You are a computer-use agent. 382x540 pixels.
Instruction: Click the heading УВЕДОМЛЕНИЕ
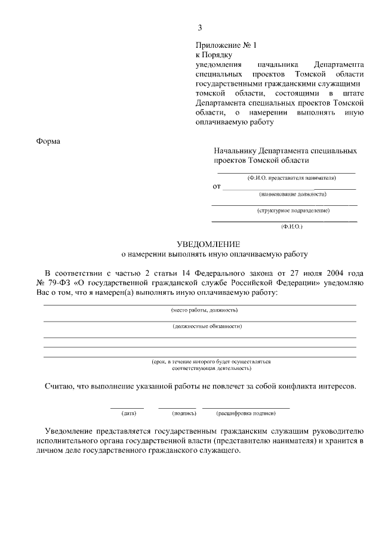click(208, 244)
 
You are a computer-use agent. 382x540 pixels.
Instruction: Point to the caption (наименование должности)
click(292, 194)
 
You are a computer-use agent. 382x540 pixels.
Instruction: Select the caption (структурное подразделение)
click(293, 210)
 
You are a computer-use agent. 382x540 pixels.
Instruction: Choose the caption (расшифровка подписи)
click(246, 412)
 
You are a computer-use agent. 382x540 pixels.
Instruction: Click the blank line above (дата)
click(127, 407)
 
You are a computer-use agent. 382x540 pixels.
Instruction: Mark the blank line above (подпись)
click(177, 407)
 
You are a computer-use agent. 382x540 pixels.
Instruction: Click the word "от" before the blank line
click(217, 186)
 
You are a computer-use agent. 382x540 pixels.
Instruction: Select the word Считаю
click(59, 386)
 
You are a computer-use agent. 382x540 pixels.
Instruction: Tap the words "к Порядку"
click(213, 54)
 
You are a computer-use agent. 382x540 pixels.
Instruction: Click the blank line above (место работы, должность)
click(199, 304)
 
